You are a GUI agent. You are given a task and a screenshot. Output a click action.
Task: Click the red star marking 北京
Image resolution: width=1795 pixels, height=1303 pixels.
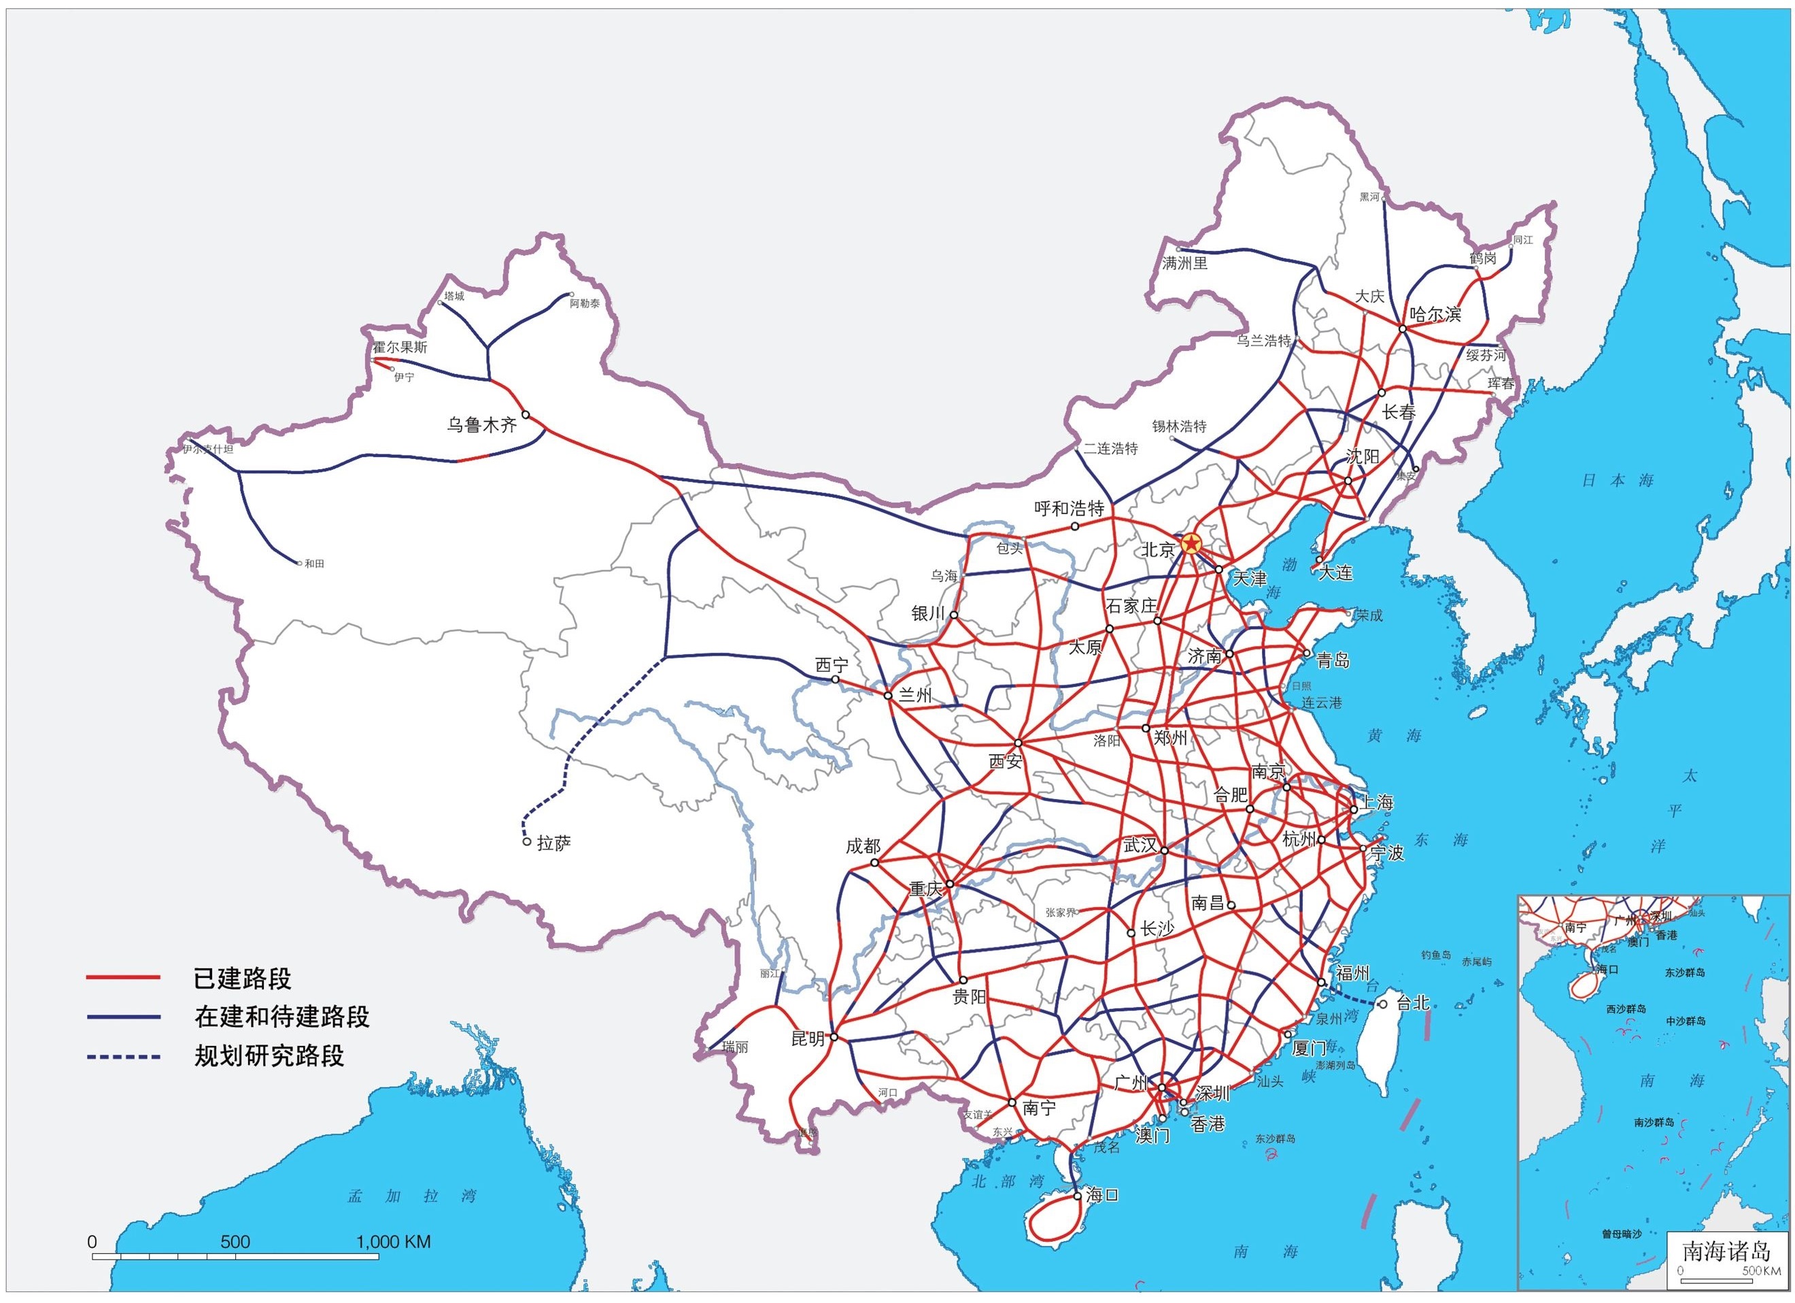(1191, 543)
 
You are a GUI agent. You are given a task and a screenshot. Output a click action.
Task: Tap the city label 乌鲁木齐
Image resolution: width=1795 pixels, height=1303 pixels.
(481, 425)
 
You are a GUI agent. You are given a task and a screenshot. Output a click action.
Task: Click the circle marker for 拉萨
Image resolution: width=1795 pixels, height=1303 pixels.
(527, 841)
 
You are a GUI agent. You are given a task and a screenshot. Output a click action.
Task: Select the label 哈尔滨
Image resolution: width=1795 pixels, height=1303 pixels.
(1435, 314)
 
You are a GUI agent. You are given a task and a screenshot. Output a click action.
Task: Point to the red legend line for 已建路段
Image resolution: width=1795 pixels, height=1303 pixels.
(122, 979)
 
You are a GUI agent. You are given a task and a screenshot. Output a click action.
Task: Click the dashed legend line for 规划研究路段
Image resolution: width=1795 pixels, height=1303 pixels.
(122, 1057)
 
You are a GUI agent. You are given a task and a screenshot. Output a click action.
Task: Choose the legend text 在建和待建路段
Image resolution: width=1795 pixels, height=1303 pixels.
(281, 1017)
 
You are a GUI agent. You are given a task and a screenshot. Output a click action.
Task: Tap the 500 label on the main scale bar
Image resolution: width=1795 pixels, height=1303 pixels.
(235, 1241)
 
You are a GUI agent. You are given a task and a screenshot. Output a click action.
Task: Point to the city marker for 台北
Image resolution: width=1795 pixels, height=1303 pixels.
(1383, 1004)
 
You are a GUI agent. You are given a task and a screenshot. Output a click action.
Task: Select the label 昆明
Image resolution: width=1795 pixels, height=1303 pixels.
(808, 1038)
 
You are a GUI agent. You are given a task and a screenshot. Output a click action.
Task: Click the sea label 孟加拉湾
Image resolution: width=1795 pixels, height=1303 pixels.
(411, 1196)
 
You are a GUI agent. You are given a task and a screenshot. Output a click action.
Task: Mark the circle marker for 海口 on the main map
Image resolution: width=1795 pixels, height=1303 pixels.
(1077, 1196)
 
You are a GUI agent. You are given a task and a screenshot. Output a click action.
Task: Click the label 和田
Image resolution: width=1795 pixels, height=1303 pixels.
(314, 564)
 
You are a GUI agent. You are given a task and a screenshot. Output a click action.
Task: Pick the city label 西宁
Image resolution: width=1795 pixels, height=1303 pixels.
(831, 665)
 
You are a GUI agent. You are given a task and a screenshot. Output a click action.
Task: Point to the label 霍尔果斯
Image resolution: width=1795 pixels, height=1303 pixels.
(400, 347)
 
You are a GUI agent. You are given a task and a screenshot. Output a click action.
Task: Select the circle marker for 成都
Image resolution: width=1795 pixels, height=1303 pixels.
(874, 862)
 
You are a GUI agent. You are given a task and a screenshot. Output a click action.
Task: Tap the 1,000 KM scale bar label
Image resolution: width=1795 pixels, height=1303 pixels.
(394, 1241)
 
